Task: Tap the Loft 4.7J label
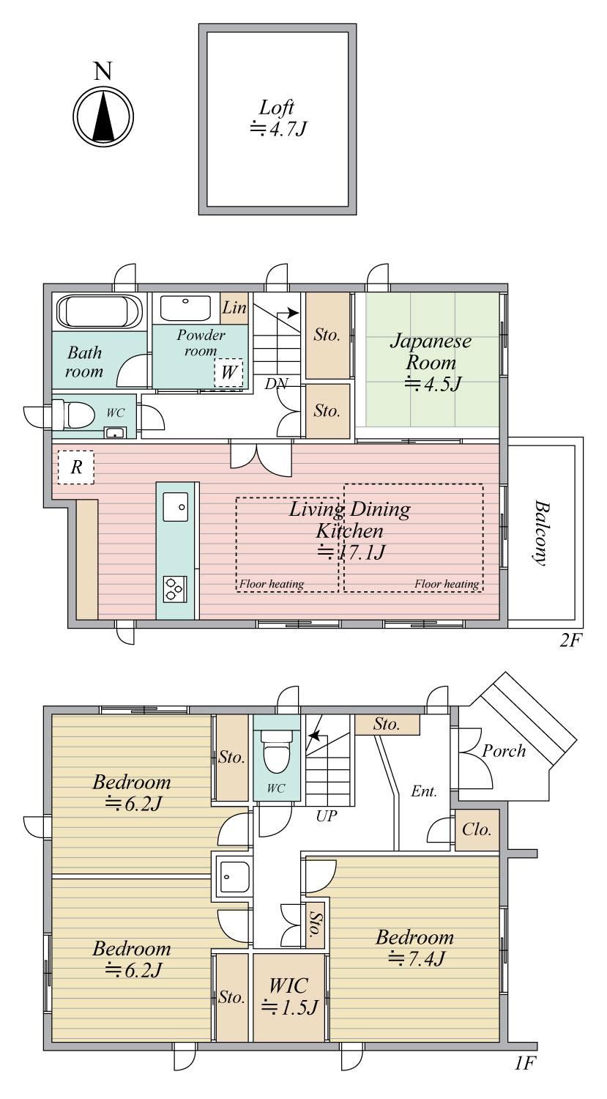(278, 118)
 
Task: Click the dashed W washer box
(228, 372)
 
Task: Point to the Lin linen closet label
(234, 308)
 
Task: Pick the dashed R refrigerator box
(76, 467)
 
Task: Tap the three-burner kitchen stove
(174, 589)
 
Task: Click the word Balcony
(541, 533)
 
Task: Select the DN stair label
(277, 384)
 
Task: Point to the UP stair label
(327, 816)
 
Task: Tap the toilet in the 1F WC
(277, 751)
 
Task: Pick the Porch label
(504, 751)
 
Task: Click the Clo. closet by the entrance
(477, 829)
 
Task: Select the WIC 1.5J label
(289, 996)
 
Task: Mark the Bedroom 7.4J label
(415, 947)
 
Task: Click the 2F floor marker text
(571, 640)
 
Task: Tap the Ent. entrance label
(424, 791)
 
